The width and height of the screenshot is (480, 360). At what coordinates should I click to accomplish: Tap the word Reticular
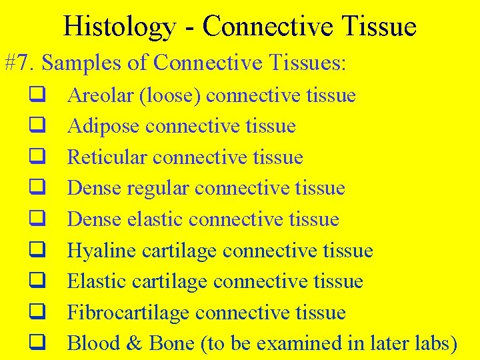coord(107,157)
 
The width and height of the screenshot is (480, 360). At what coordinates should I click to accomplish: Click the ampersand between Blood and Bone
coord(134,343)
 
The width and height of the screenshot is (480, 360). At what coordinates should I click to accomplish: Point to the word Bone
coord(171,343)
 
